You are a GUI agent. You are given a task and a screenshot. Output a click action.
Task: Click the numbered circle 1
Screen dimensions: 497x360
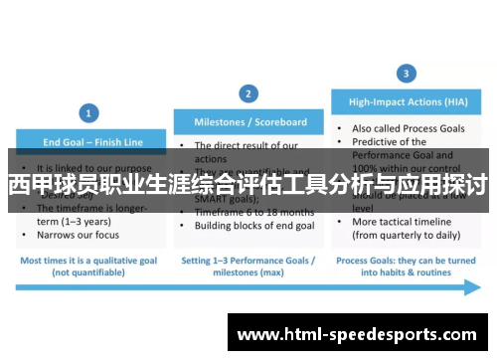88,112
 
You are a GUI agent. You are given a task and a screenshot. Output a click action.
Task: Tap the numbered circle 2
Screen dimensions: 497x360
249,92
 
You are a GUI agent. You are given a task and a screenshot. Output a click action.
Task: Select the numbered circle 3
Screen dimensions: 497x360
406,73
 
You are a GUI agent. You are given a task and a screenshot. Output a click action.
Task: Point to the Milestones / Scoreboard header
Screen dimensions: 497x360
249,122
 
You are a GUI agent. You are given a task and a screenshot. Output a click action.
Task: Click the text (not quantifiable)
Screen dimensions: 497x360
87,270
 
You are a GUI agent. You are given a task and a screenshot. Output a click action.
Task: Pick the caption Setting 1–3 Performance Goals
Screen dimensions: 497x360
248,260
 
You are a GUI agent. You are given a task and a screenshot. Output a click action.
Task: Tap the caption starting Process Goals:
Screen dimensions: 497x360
406,260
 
